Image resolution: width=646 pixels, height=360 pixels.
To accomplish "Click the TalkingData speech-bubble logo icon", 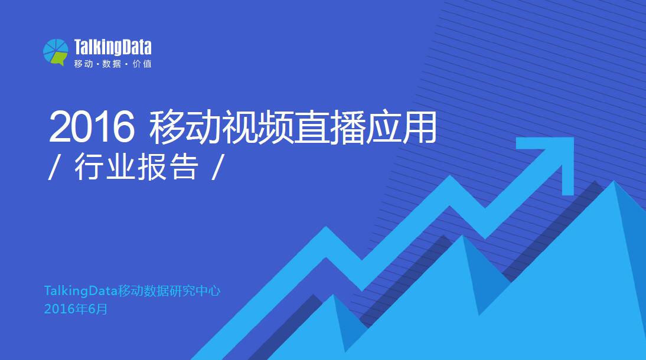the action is pyautogui.click(x=56, y=53).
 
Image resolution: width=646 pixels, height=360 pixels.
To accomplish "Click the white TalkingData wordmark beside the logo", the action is pyautogui.click(x=113, y=47).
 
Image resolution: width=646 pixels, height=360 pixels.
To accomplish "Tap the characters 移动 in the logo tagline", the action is pyautogui.click(x=83, y=64).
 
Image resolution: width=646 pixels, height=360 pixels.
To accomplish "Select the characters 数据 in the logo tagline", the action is pyautogui.click(x=112, y=64).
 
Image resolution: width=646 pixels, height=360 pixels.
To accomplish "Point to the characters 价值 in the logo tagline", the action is pyautogui.click(x=142, y=64).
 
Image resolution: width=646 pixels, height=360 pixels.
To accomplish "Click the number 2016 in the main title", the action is pyautogui.click(x=92, y=126).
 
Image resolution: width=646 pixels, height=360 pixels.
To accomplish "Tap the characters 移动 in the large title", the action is pyautogui.click(x=185, y=127).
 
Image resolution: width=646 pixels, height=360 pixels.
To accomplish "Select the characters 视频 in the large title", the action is pyautogui.click(x=257, y=127).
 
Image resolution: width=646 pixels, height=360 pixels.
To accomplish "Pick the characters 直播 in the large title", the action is pyautogui.click(x=329, y=127).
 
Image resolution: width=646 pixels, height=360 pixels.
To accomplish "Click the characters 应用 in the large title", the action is pyautogui.click(x=401, y=127).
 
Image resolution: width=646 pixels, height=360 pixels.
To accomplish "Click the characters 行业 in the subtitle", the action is pyautogui.click(x=105, y=166).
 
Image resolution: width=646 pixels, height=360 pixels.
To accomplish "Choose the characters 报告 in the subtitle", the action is pyautogui.click(x=168, y=166).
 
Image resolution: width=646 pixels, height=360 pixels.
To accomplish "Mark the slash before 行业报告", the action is pyautogui.click(x=53, y=167).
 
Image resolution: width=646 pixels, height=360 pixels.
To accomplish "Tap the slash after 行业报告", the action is pyautogui.click(x=217, y=167).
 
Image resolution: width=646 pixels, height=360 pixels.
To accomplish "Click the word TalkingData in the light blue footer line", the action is pyautogui.click(x=81, y=291).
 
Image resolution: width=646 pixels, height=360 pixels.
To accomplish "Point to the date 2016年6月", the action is pyautogui.click(x=76, y=309).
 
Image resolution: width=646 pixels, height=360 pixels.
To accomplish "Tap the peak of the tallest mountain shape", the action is pyautogui.click(x=614, y=181).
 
